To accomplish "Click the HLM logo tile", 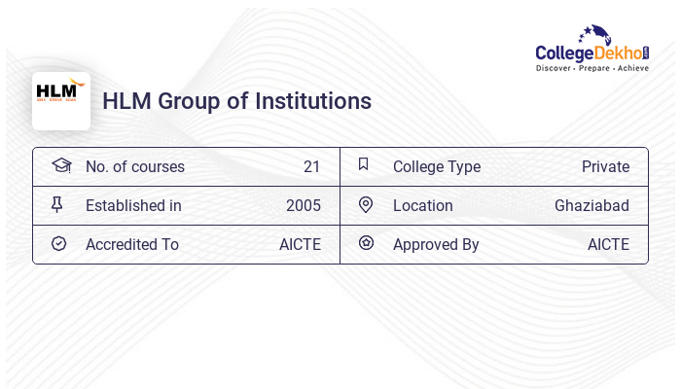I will coord(61,100).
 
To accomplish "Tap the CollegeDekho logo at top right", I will coord(591,50).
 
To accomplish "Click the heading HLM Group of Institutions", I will coord(236,101).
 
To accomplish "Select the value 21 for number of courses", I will coord(311,166).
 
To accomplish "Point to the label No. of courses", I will coord(134,166).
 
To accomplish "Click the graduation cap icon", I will coord(61,165).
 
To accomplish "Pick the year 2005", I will coord(303,205).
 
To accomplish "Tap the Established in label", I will coord(133,205).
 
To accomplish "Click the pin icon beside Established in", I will coord(57,204).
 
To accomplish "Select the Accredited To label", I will coord(131,244).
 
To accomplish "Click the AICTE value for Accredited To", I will coord(300,244).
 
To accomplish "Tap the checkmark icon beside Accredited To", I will coord(58,243).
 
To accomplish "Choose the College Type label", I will coord(436,166).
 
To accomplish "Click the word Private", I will coord(605,166).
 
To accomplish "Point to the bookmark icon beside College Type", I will coord(363,164).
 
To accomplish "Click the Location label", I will coord(422,205).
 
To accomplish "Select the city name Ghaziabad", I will coord(591,205).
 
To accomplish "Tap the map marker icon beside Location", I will coord(365,204).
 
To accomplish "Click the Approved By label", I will coord(436,244).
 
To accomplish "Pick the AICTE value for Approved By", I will coord(608,244).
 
